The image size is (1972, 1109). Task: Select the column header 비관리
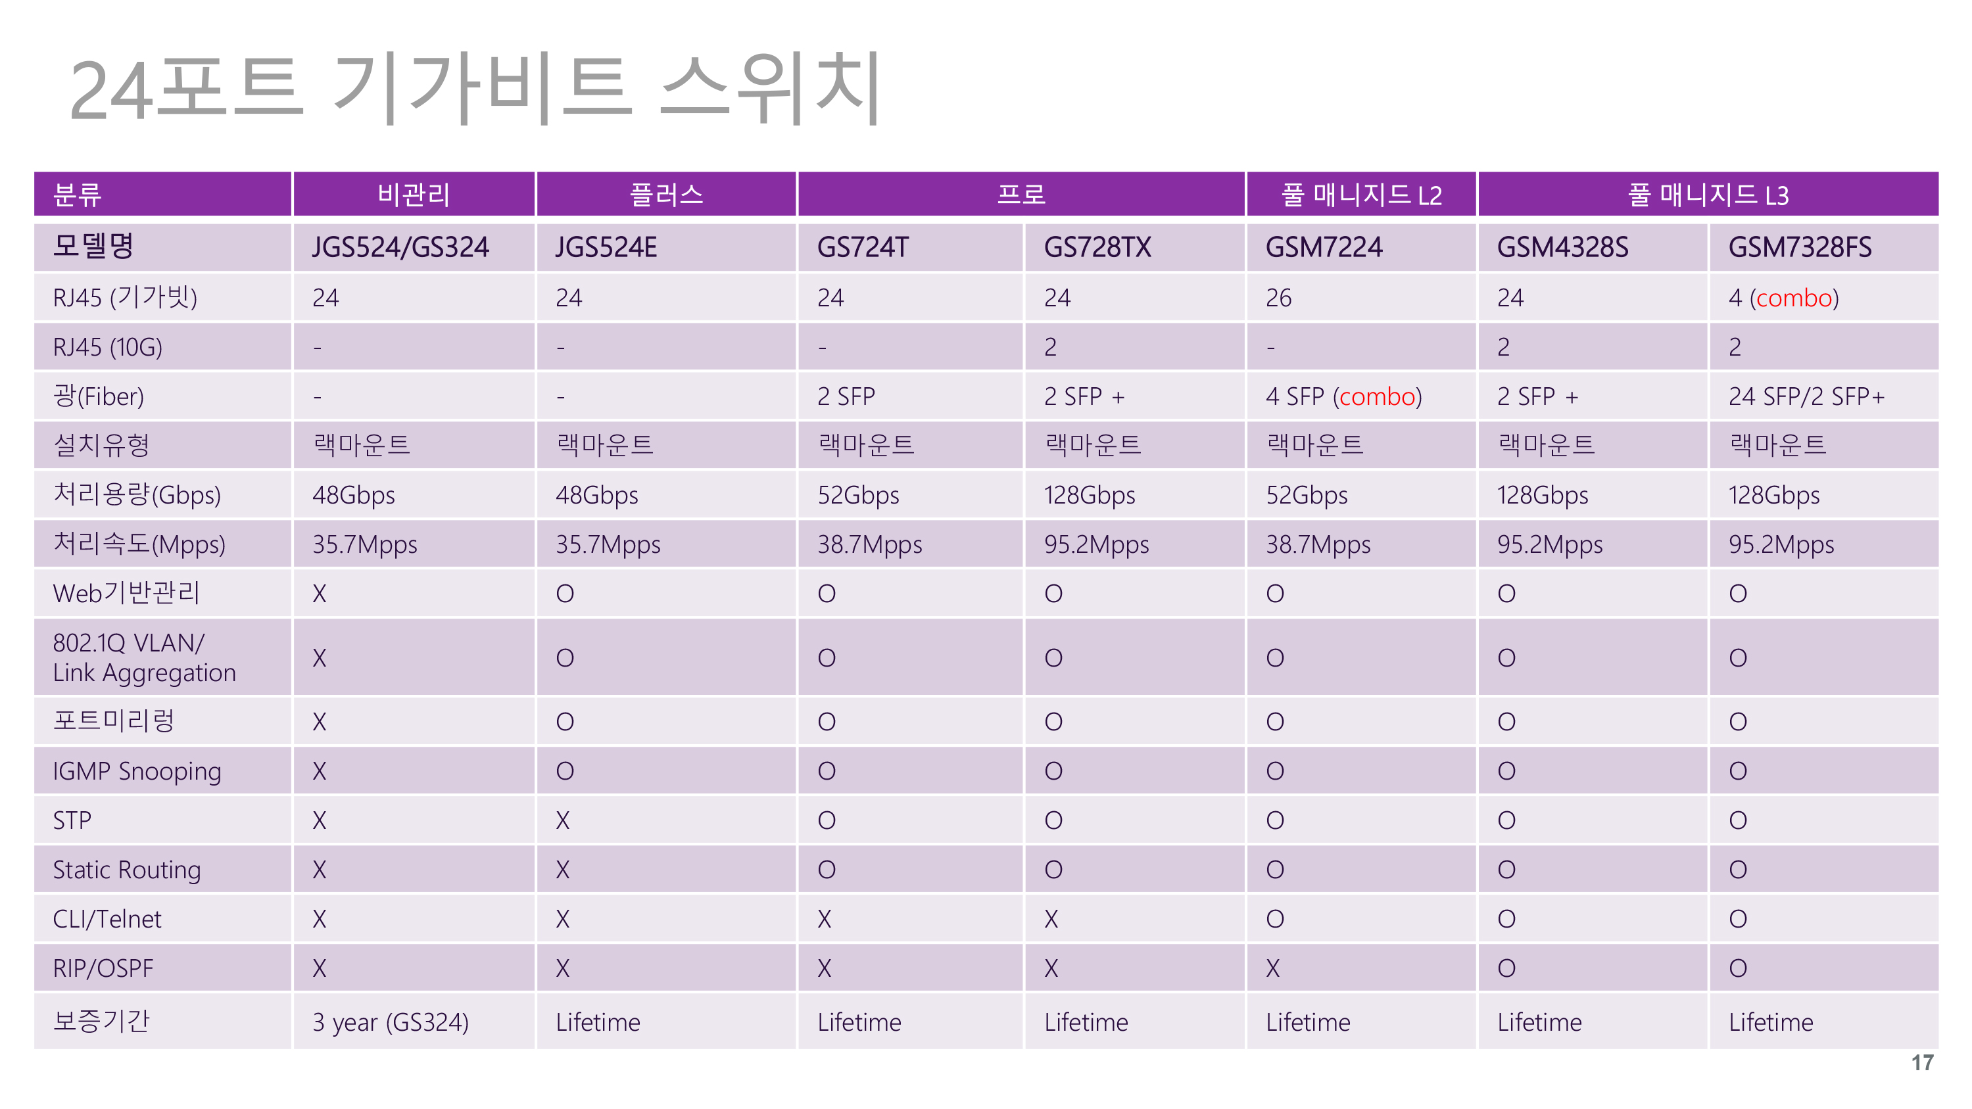pyautogui.click(x=414, y=195)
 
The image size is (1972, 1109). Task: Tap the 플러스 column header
pyautogui.click(x=666, y=195)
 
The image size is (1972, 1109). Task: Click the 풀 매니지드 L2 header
pyautogui.click(x=1361, y=195)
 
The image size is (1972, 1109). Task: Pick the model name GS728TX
pyautogui.click(x=1097, y=247)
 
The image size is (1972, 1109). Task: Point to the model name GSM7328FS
pyautogui.click(x=1800, y=247)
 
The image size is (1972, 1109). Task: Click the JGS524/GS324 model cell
pyautogui.click(x=400, y=247)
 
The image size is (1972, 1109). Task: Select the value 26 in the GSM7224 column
pyautogui.click(x=1278, y=297)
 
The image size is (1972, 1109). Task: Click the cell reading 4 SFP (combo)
pyautogui.click(x=1343, y=396)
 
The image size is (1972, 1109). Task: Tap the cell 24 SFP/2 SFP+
pyautogui.click(x=1806, y=396)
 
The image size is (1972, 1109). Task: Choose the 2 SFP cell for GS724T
pyautogui.click(x=846, y=396)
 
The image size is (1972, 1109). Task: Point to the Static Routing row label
pyautogui.click(x=127, y=870)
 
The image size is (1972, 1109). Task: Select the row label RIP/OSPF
pyautogui.click(x=103, y=968)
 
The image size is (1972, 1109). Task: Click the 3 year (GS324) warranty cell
pyautogui.click(x=391, y=1022)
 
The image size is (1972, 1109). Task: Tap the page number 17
pyautogui.click(x=1921, y=1062)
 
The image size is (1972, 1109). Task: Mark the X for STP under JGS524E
pyautogui.click(x=563, y=820)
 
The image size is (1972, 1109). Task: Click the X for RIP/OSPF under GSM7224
pyautogui.click(x=1272, y=968)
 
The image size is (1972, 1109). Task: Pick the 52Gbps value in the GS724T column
pyautogui.click(x=858, y=495)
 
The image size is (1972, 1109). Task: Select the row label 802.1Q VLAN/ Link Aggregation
pyautogui.click(x=145, y=657)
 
